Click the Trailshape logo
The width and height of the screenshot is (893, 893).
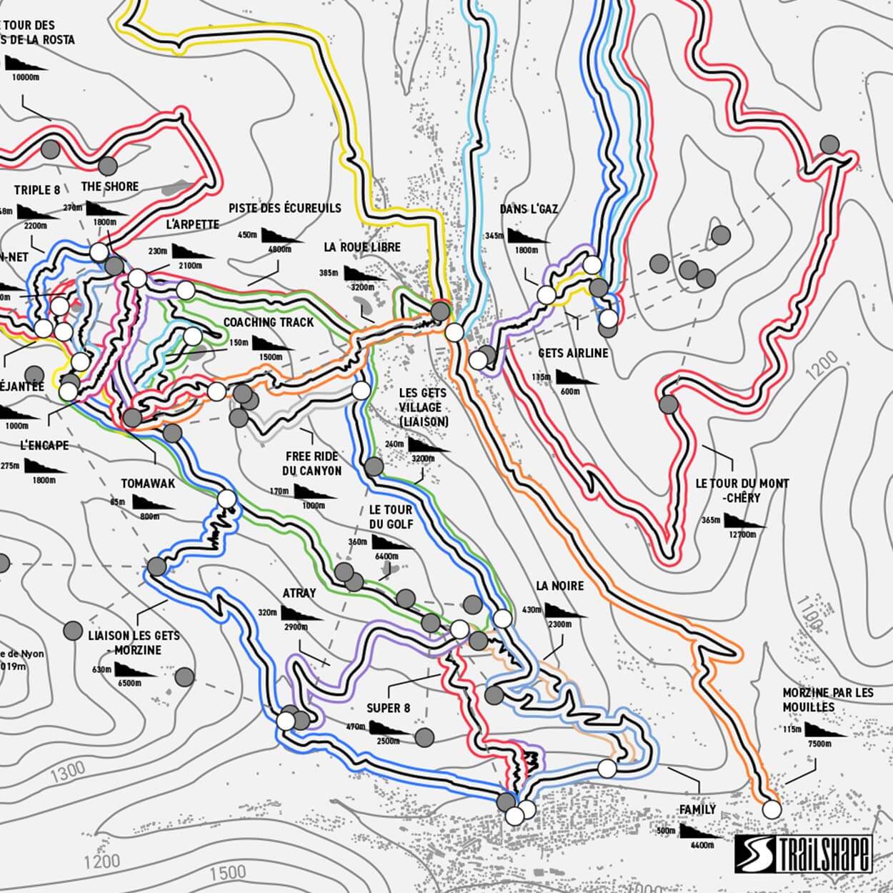pos(804,854)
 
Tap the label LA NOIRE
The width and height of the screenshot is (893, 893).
pos(559,586)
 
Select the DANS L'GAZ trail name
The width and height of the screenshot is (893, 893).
pos(529,209)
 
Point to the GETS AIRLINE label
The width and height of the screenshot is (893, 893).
pos(573,353)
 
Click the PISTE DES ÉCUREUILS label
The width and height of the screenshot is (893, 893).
pos(285,208)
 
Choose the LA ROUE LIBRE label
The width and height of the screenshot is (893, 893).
pos(362,247)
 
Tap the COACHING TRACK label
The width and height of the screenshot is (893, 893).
pos(269,322)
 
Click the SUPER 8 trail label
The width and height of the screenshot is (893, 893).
pos(388,708)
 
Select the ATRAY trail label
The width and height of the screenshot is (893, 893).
pos(299,593)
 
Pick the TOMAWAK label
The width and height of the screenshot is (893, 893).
pos(148,484)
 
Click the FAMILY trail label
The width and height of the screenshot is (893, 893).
pos(697,809)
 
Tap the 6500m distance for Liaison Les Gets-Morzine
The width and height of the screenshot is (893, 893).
pos(129,683)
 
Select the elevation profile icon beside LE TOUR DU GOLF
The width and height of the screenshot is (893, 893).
pos(392,543)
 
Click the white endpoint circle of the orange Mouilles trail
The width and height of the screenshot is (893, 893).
pos(772,809)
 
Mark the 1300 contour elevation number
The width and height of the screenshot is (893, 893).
pos(68,770)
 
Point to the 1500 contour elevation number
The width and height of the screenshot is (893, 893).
pos(228,872)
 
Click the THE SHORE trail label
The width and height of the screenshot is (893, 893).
pos(110,186)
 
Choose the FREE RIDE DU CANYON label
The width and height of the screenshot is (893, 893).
pos(312,464)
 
